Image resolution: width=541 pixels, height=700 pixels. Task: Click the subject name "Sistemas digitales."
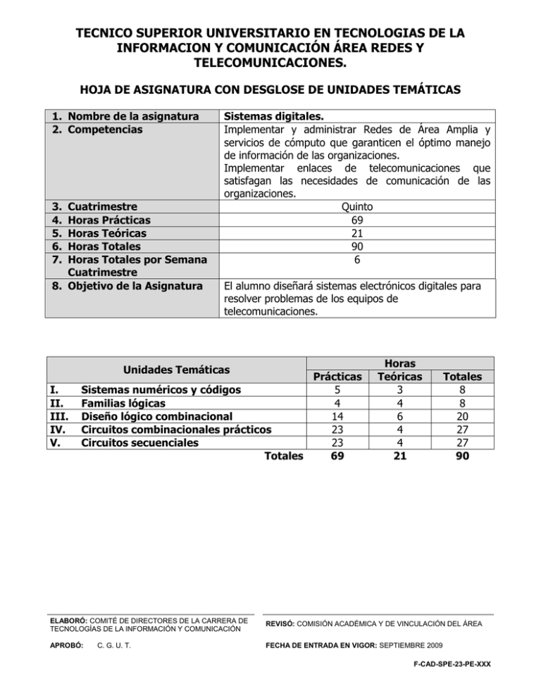(274, 115)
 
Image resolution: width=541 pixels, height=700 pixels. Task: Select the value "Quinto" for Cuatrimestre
(358, 207)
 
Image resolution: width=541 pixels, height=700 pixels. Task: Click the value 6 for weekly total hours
(358, 259)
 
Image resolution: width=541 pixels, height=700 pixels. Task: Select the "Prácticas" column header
(341, 377)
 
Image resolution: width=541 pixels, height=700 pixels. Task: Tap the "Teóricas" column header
(400, 377)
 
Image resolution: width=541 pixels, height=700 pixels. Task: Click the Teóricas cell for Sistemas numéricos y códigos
(400, 390)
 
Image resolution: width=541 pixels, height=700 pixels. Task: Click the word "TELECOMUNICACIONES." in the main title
(270, 63)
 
